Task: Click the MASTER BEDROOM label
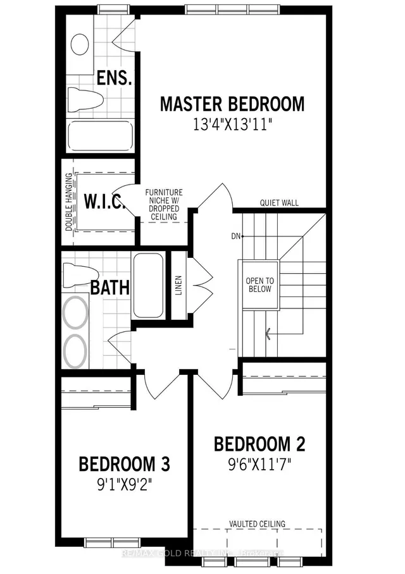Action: pyautogui.click(x=232, y=104)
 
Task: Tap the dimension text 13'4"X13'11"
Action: pyautogui.click(x=232, y=125)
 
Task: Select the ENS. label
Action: pyautogui.click(x=114, y=78)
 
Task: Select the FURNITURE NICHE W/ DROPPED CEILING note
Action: pyautogui.click(x=164, y=204)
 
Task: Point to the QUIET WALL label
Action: pyautogui.click(x=279, y=203)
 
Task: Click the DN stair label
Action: pyautogui.click(x=236, y=236)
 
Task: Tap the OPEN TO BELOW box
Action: pyautogui.click(x=259, y=284)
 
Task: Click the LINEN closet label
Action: pyautogui.click(x=179, y=285)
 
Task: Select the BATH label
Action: pyautogui.click(x=110, y=288)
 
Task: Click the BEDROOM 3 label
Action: pyautogui.click(x=124, y=464)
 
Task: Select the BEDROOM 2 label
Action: pyautogui.click(x=260, y=444)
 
